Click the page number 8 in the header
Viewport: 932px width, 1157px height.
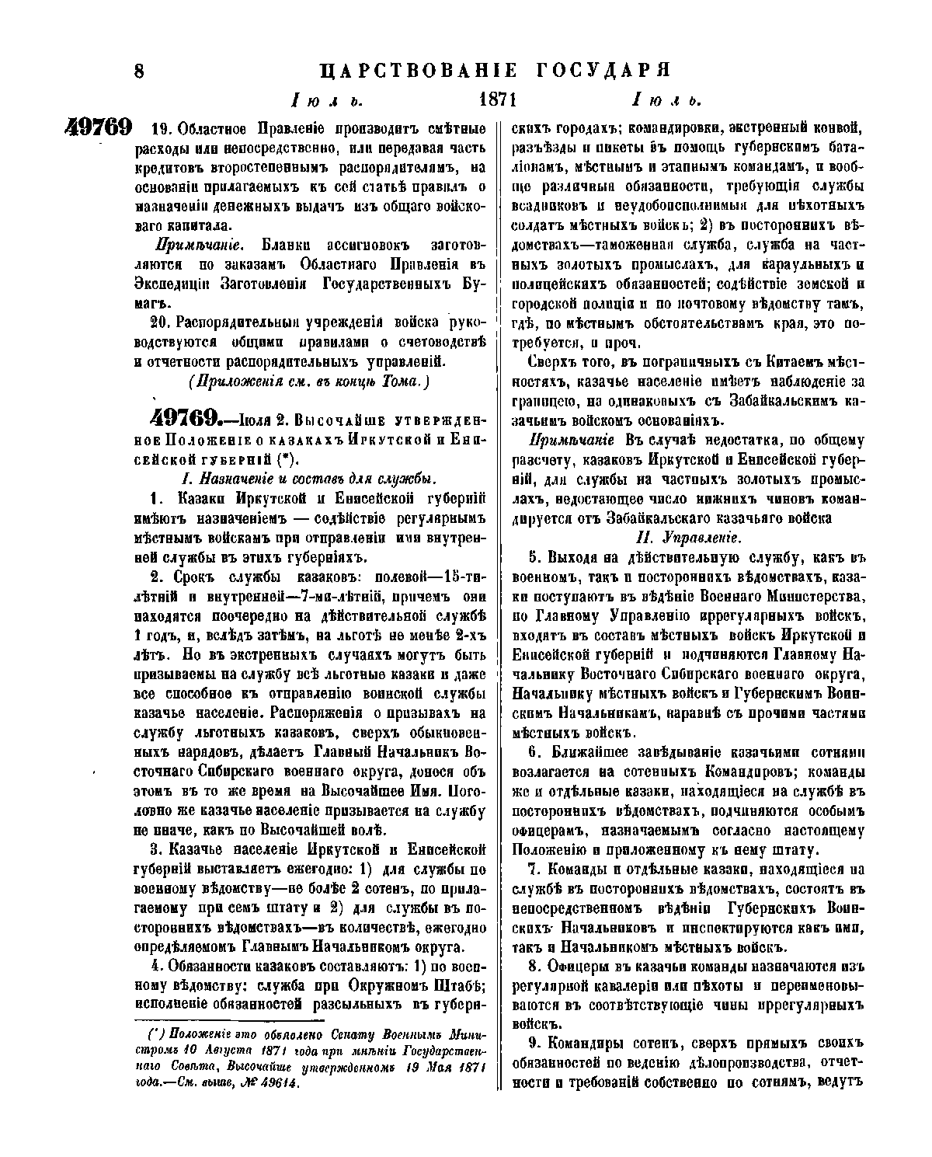click(x=140, y=71)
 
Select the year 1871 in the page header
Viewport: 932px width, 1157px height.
click(x=499, y=100)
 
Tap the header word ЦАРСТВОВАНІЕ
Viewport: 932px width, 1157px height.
click(x=419, y=71)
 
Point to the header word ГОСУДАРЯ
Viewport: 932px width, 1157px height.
click(x=603, y=71)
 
